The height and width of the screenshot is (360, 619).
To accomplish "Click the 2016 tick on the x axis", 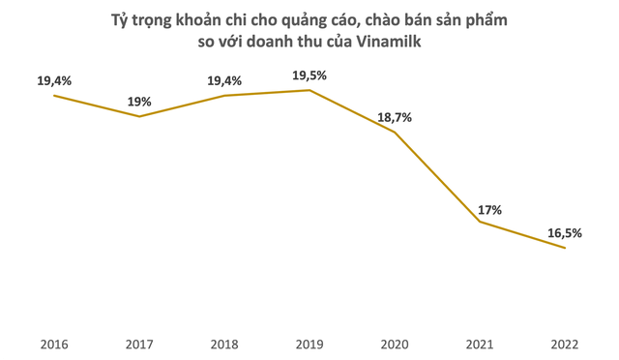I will (x=54, y=343).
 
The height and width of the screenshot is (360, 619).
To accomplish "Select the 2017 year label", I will (x=139, y=343).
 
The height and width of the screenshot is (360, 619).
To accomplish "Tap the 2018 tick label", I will (x=224, y=343).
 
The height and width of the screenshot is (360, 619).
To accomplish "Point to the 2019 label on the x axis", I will (x=309, y=343).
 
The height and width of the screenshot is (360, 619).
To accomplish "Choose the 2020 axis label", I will (x=395, y=343).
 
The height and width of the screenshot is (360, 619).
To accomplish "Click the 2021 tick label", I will (x=480, y=343).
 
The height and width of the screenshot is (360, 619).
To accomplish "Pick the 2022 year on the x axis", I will (x=565, y=343).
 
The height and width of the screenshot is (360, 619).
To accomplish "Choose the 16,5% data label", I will (x=565, y=233).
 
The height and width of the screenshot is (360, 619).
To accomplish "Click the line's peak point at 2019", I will (x=309, y=90).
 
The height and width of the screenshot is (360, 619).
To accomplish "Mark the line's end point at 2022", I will (x=565, y=249).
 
